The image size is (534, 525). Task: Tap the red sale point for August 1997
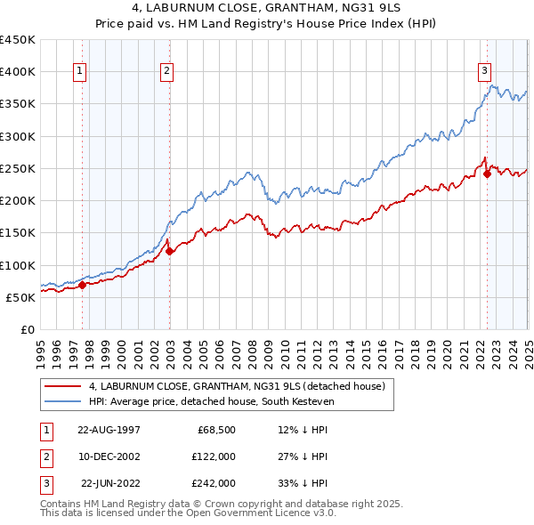tap(82, 286)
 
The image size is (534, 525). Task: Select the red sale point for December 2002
tap(170, 252)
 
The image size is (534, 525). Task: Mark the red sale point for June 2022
tap(488, 174)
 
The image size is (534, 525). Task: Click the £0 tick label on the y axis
tap(28, 330)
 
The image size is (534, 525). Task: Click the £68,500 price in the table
tap(215, 430)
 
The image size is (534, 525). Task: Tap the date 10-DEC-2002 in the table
tap(109, 456)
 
